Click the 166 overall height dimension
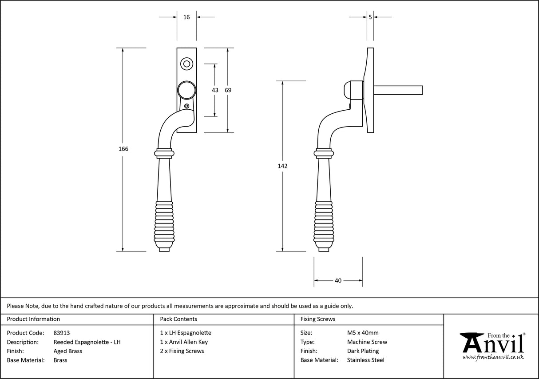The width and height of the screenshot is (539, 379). [123, 149]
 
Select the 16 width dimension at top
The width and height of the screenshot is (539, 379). [186, 17]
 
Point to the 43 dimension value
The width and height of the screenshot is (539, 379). [215, 90]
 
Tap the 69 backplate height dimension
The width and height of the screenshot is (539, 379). [228, 90]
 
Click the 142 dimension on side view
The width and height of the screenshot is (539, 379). [282, 166]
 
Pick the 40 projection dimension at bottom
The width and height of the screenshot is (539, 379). [338, 280]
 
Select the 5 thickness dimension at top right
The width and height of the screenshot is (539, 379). [370, 17]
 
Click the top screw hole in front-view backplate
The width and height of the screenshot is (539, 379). [187, 64]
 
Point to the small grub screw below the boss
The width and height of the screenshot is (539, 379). [187, 106]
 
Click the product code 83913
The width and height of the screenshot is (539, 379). [62, 333]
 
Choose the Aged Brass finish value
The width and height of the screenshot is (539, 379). [68, 351]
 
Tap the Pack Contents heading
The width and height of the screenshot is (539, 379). [178, 319]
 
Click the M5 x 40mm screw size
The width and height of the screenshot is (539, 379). [363, 333]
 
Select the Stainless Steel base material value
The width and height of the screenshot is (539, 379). [365, 360]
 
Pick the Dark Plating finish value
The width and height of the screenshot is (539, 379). [363, 351]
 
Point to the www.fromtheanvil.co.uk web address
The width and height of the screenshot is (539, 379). [493, 357]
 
